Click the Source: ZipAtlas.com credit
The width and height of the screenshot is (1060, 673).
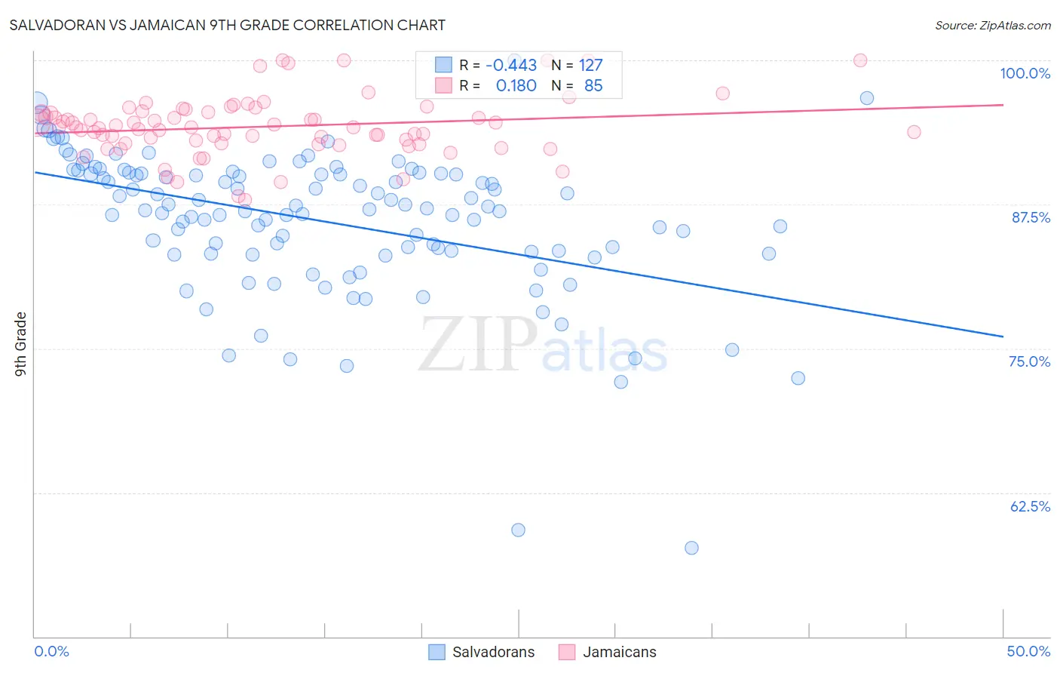(x=992, y=26)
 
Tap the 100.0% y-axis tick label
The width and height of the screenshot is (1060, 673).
(x=1025, y=73)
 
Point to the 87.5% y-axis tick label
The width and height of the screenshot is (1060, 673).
(x=1030, y=217)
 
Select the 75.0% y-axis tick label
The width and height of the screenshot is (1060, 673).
(x=1029, y=361)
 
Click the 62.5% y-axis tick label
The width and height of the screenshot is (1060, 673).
(x=1029, y=506)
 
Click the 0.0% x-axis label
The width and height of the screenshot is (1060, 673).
(x=51, y=651)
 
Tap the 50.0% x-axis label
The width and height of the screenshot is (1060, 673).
(x=1028, y=651)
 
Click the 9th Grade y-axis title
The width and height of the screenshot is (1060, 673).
(x=21, y=343)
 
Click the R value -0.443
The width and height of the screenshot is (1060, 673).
(x=511, y=66)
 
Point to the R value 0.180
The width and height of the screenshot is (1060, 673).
(x=516, y=86)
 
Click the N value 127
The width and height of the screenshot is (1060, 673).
(x=590, y=66)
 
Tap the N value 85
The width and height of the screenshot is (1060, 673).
(x=593, y=86)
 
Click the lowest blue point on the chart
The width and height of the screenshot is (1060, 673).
(x=691, y=548)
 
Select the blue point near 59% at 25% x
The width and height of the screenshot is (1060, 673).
(x=518, y=530)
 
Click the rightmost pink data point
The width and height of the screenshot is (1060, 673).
(x=914, y=132)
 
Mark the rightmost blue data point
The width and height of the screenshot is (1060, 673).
(x=867, y=98)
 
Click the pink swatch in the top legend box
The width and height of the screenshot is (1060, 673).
(x=443, y=85)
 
